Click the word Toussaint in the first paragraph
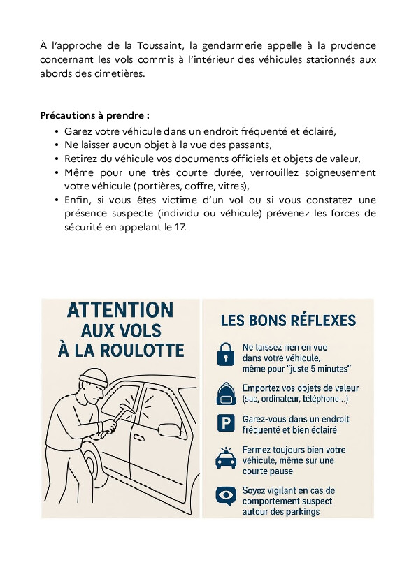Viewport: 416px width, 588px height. pos(160,46)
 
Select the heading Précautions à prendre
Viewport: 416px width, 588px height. pos(94,115)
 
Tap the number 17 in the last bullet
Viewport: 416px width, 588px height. pos(180,227)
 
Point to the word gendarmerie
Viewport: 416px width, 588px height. pos(232,46)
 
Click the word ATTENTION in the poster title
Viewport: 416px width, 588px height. pos(120,310)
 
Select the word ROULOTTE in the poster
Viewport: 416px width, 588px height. pos(143,351)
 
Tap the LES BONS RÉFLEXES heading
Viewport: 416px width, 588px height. pos(288,321)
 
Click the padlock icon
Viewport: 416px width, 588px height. pos(226,354)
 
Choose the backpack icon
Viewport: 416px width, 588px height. pos(226,394)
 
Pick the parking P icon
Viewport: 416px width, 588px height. pos(226,423)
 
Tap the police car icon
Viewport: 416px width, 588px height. pos(226,458)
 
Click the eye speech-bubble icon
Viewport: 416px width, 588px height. pos(226,496)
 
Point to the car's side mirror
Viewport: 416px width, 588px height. pos(170,429)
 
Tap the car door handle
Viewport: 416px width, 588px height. pos(139,438)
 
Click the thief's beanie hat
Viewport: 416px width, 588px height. pos(94,377)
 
